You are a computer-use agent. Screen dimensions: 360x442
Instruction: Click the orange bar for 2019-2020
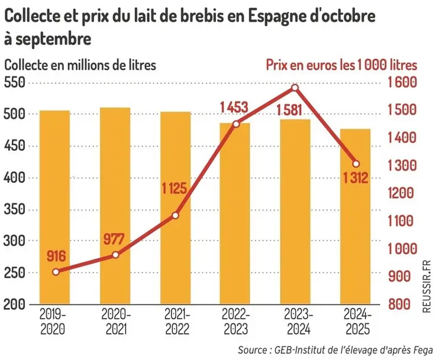[x=55, y=207]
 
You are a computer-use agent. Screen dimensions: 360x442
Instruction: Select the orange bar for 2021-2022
[x=175, y=207]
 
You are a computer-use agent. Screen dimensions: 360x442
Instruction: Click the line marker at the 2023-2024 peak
[x=295, y=88]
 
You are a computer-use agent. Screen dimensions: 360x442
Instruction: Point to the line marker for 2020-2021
[x=115, y=255]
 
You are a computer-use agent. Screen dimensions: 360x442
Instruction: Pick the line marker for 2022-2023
[x=235, y=124]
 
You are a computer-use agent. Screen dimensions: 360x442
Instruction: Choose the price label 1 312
[x=355, y=177]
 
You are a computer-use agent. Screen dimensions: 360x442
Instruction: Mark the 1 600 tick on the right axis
[x=402, y=83]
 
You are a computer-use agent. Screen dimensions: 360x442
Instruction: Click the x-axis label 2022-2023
[x=235, y=320]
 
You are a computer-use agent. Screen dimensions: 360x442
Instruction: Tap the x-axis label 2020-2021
[x=115, y=320]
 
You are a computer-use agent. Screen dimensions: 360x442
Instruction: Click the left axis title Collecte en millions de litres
[x=80, y=64]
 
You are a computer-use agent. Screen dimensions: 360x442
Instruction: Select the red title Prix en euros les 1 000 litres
[x=341, y=64]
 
